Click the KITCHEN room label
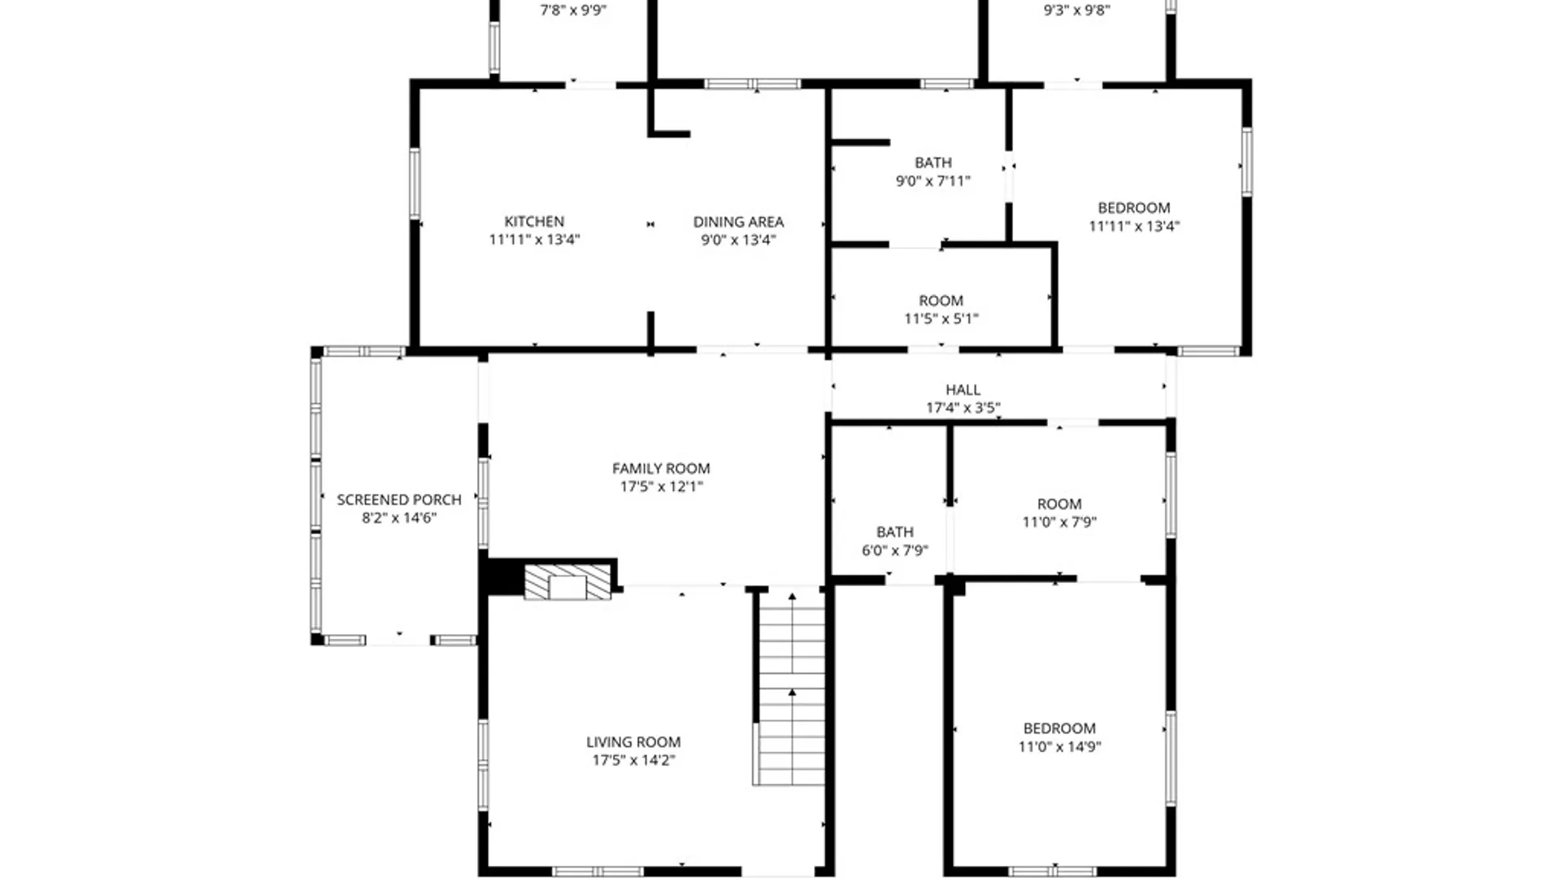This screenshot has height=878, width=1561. point(534,221)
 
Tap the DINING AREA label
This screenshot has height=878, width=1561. point(738,221)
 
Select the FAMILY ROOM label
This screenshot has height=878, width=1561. point(661,468)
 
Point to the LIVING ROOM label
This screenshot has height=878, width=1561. point(633,741)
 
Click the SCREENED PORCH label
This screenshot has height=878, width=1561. point(399,499)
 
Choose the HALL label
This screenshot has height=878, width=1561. point(963,389)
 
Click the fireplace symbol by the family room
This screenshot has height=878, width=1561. point(567,582)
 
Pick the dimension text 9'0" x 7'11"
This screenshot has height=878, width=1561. point(933,181)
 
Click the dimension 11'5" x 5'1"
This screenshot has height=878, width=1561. point(941,319)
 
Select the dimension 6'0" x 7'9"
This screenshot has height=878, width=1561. point(894,550)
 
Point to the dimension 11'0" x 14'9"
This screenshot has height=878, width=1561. point(1059,746)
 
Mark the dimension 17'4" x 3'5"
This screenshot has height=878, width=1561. point(963,407)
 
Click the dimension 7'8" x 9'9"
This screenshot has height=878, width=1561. point(574,11)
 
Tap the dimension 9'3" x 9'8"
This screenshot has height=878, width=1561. point(1076,11)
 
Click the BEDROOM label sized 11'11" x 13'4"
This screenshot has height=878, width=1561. point(1133,207)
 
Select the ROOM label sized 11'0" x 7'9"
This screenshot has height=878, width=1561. point(1059,504)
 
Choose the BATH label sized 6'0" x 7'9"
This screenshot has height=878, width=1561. point(894,532)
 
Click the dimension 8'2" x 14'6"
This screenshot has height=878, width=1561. point(399,518)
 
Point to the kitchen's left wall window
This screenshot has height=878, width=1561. point(415,184)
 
